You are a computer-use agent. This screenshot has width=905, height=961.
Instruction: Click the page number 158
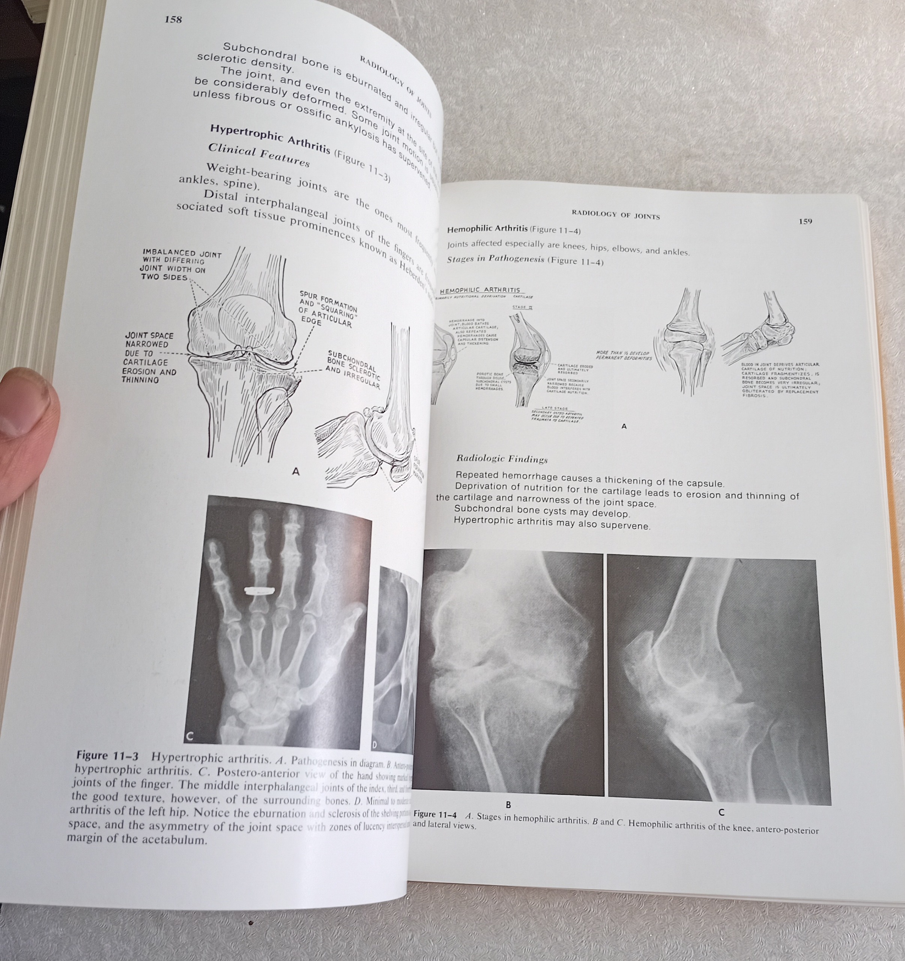pyautogui.click(x=173, y=20)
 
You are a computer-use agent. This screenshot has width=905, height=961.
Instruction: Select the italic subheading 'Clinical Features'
pyautogui.click(x=259, y=156)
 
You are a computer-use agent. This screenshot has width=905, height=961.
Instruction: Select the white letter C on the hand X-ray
pyautogui.click(x=190, y=736)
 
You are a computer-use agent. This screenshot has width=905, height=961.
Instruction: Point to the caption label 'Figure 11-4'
pyautogui.click(x=435, y=815)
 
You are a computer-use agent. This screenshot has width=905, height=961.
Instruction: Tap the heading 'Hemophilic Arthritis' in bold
pyautogui.click(x=487, y=229)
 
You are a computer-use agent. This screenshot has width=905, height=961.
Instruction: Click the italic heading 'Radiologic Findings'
pyautogui.click(x=502, y=459)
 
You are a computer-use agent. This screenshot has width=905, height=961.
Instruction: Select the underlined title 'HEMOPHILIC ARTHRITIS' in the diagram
pyautogui.click(x=481, y=290)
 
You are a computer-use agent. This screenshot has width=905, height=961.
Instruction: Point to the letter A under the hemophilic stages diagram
pyautogui.click(x=624, y=426)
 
